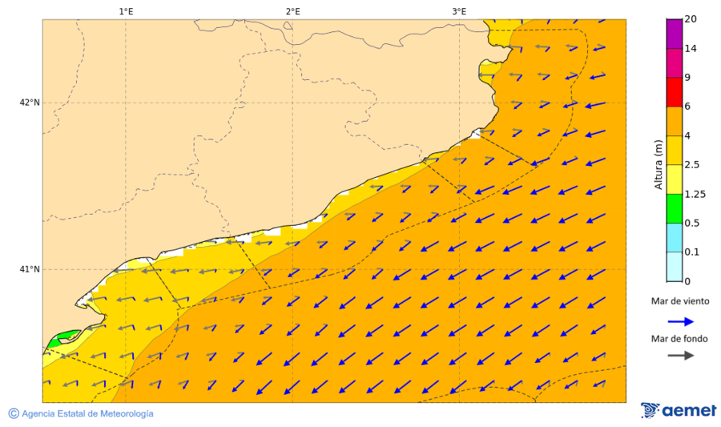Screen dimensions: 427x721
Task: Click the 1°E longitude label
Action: tap(126, 11)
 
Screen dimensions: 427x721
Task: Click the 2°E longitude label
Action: tap(292, 11)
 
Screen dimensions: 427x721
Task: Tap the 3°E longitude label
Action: tap(459, 11)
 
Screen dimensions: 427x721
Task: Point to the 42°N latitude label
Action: tap(30, 103)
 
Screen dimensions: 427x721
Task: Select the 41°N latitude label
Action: tap(30, 269)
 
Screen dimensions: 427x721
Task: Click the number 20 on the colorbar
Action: tap(691, 19)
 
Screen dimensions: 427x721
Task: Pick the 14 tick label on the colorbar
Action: tap(691, 49)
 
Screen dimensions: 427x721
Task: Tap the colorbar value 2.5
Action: tap(692, 165)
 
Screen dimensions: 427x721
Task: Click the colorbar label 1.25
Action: tap(695, 194)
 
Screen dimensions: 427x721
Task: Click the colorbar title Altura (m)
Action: tap(659, 164)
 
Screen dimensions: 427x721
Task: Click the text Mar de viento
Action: tap(680, 301)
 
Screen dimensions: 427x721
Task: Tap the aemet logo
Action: tap(679, 410)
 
